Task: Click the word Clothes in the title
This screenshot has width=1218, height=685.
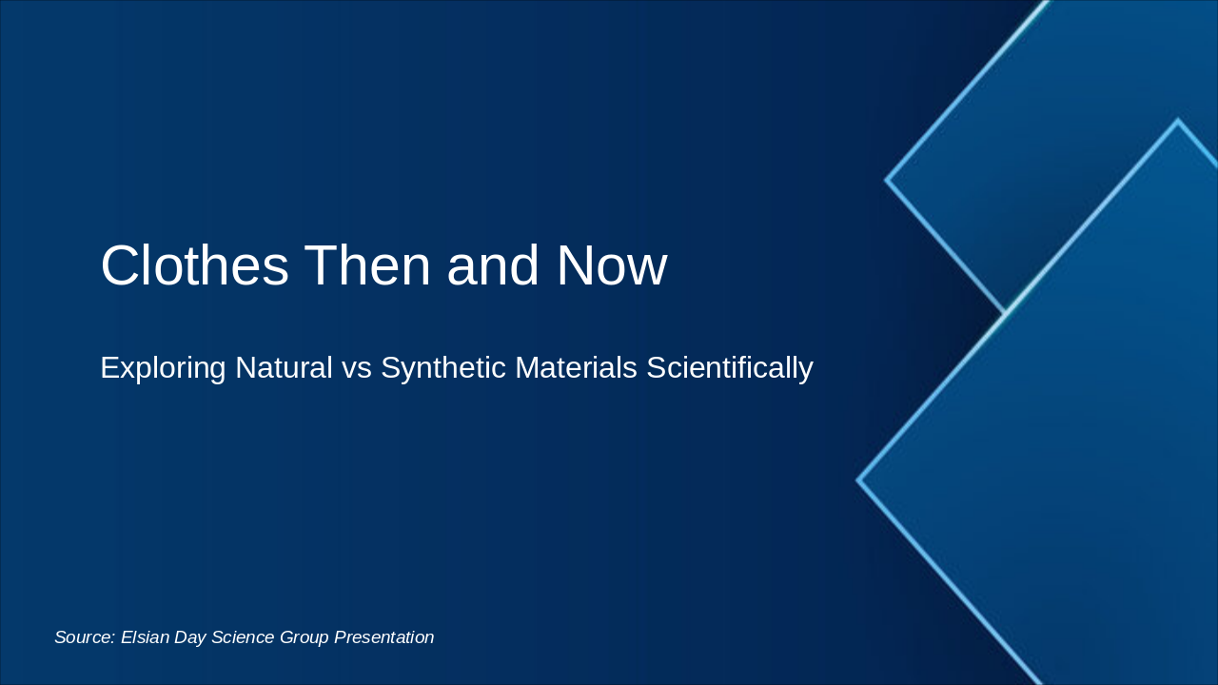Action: [194, 265]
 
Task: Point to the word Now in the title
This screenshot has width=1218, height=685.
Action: [611, 265]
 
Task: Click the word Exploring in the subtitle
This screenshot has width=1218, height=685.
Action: [163, 367]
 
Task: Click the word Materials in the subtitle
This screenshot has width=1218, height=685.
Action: [576, 367]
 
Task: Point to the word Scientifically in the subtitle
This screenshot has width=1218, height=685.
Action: [730, 367]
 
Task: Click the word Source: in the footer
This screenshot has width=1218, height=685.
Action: [84, 637]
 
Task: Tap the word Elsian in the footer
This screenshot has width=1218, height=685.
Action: [145, 637]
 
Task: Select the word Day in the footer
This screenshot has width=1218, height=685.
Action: [190, 637]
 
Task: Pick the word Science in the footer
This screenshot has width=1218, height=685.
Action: [242, 637]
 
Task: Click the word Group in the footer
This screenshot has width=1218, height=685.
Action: [304, 637]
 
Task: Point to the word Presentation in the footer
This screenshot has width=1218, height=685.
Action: [383, 637]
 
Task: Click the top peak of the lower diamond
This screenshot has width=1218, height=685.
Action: [1177, 121]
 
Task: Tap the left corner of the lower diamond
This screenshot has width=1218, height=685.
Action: [858, 480]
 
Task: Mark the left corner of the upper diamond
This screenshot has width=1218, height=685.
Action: [887, 179]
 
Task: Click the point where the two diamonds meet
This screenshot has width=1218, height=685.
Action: [1005, 312]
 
